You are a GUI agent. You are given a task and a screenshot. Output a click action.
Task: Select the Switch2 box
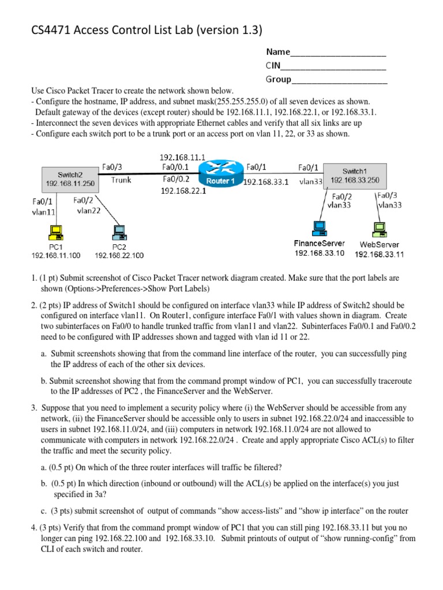click(69, 180)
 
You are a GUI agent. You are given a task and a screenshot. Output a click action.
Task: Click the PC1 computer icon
click(56, 233)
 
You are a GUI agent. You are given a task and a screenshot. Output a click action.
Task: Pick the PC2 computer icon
click(119, 233)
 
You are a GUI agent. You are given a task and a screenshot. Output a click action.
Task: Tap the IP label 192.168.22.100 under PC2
click(119, 255)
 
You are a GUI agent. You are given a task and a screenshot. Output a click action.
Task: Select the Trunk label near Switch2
click(121, 180)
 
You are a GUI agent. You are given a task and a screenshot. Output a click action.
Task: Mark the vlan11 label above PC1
click(43, 211)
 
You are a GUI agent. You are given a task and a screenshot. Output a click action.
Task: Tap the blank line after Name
click(338, 55)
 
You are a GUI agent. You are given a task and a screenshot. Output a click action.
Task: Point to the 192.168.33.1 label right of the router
click(266, 181)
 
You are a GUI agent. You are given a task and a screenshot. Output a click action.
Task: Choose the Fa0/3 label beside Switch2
click(111, 167)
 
